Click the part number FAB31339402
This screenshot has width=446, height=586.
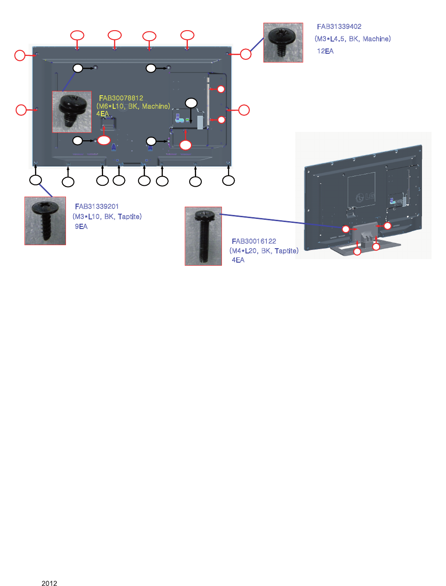(339, 27)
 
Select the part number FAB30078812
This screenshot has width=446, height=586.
(121, 98)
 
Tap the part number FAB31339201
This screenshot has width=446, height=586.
(97, 207)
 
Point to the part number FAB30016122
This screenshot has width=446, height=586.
(254, 241)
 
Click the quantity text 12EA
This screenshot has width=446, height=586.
(325, 51)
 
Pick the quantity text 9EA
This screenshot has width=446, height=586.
(81, 226)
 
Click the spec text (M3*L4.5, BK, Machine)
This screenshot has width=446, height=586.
(353, 39)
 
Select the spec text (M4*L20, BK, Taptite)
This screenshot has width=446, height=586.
(264, 251)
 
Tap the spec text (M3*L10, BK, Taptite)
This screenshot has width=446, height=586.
(107, 217)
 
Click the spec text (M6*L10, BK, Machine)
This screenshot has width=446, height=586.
(133, 106)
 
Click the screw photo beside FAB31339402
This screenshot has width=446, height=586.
(283, 42)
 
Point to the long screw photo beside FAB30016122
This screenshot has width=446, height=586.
(203, 236)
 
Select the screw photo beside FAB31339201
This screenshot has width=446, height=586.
(45, 221)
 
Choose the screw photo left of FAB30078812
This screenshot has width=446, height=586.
(72, 111)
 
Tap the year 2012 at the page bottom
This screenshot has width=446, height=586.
(49, 583)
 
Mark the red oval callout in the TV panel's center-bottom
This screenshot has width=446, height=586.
(186, 145)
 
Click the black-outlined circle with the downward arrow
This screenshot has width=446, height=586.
(191, 103)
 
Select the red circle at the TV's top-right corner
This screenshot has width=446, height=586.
(246, 54)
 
